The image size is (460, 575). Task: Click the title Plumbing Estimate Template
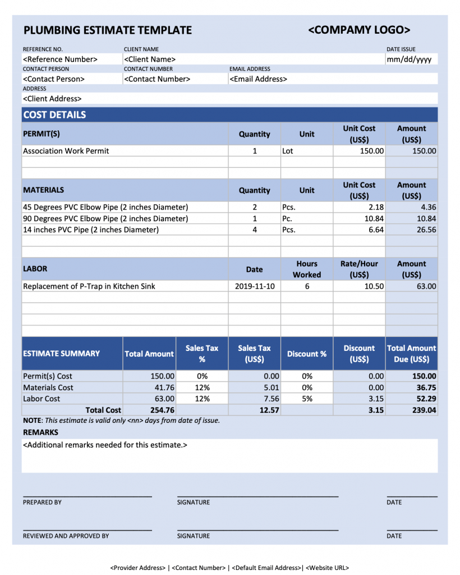[x=107, y=30]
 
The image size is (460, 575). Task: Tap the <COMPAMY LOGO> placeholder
[x=359, y=30]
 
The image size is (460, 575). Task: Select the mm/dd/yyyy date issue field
[x=409, y=60]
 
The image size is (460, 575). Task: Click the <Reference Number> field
[x=60, y=60]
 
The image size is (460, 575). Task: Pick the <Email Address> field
[x=258, y=79]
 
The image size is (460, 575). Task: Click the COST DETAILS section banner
[x=54, y=115]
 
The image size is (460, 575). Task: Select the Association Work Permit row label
[x=66, y=151]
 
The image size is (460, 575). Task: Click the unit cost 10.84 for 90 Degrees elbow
[x=373, y=218]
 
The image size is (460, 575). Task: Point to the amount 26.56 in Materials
[x=424, y=230]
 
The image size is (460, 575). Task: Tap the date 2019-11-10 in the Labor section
[x=254, y=286]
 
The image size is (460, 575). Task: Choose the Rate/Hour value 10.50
[x=373, y=286]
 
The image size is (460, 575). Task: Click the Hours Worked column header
[x=307, y=269]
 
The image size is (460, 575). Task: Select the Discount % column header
[x=307, y=354]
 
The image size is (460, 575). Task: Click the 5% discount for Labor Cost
[x=307, y=399]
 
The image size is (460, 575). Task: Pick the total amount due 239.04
[x=424, y=410]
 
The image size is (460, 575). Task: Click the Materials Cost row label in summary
[x=48, y=387]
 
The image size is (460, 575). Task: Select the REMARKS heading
[x=40, y=432]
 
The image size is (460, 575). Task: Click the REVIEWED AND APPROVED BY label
[x=66, y=536]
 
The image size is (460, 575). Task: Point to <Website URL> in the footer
[x=327, y=568]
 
